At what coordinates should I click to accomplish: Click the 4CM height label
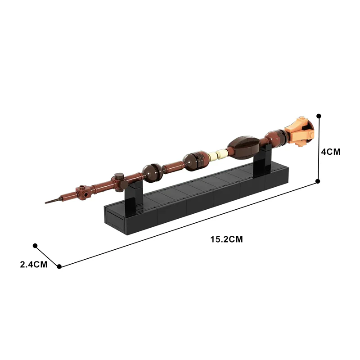click(330, 152)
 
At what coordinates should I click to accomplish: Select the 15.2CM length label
click(226, 239)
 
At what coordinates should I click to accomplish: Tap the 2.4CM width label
click(34, 265)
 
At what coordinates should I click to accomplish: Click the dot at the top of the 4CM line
click(319, 116)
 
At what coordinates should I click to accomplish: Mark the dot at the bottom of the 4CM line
click(318, 181)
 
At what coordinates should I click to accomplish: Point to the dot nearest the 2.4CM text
click(35, 246)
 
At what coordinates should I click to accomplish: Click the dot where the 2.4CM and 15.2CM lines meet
click(59, 266)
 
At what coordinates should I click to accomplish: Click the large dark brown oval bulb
click(243, 147)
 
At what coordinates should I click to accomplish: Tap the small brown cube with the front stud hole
click(83, 192)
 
